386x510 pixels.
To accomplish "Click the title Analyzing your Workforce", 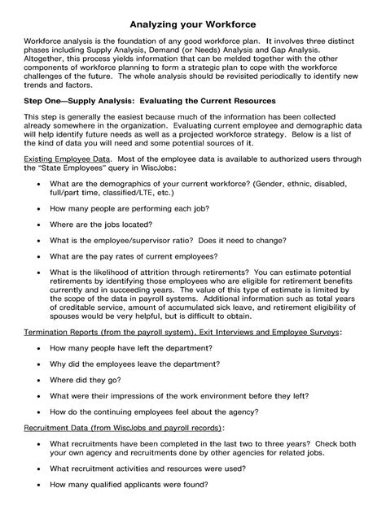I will (x=193, y=15).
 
